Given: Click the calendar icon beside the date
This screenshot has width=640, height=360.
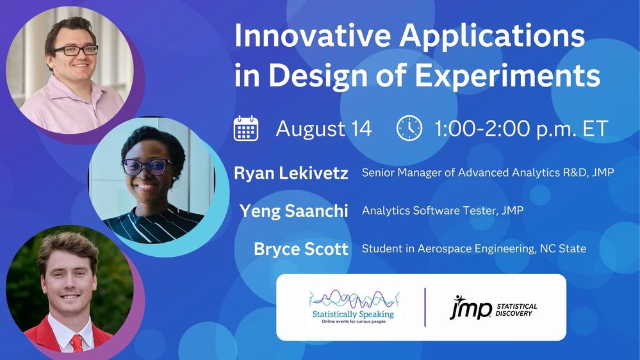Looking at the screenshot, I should (x=246, y=128).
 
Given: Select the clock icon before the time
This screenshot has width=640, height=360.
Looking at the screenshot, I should (x=409, y=128).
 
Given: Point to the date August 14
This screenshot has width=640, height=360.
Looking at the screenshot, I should (x=324, y=129).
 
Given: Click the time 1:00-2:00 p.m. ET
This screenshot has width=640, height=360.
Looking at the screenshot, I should (x=521, y=129).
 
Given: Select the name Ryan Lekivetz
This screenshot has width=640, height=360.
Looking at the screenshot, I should (x=291, y=173).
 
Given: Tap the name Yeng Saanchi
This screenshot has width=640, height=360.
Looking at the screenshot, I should (x=294, y=211).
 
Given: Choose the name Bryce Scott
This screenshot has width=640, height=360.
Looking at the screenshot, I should (x=301, y=249).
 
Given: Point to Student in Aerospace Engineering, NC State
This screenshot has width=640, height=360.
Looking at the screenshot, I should (x=473, y=249).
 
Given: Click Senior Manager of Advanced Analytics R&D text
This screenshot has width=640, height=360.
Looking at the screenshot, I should (x=488, y=173).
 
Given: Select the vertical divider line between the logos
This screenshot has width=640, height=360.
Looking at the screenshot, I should (x=425, y=307).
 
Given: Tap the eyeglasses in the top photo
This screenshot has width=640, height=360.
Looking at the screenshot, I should (x=75, y=50).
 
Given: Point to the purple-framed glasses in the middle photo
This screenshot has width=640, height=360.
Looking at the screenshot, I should (x=147, y=167).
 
